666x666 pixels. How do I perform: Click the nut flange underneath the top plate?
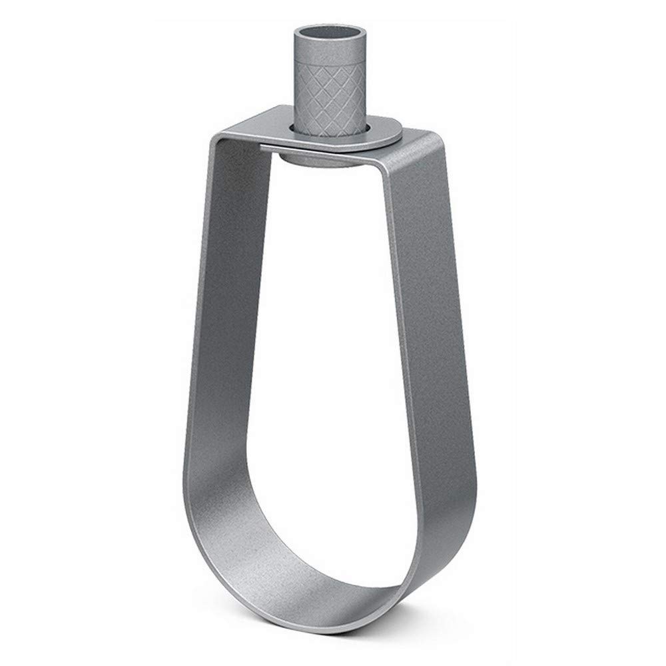click(313, 159)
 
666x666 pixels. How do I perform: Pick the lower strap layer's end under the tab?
click(273, 146)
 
